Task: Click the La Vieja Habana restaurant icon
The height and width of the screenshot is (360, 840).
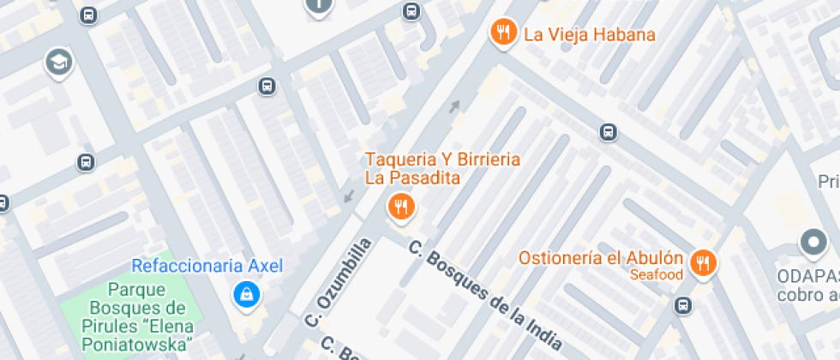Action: [x=502, y=34]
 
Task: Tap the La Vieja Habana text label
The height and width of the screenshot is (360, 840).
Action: [x=589, y=35]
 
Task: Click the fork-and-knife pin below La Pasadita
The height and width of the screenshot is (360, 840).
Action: [x=400, y=206]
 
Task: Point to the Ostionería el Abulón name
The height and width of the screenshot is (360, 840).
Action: [x=600, y=259]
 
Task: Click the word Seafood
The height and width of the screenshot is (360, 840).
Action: [x=656, y=275]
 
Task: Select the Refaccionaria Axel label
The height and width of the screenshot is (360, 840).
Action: [x=207, y=266]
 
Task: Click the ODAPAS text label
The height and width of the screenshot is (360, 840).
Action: [x=808, y=277]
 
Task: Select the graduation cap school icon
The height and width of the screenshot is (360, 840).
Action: [x=58, y=62]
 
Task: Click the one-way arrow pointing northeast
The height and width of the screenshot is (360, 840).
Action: [x=454, y=106]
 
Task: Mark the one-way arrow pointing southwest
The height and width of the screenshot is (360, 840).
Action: [x=348, y=197]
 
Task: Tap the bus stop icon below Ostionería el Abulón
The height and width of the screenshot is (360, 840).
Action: [x=683, y=305]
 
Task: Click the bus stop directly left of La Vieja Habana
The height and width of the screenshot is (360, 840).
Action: [x=411, y=11]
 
